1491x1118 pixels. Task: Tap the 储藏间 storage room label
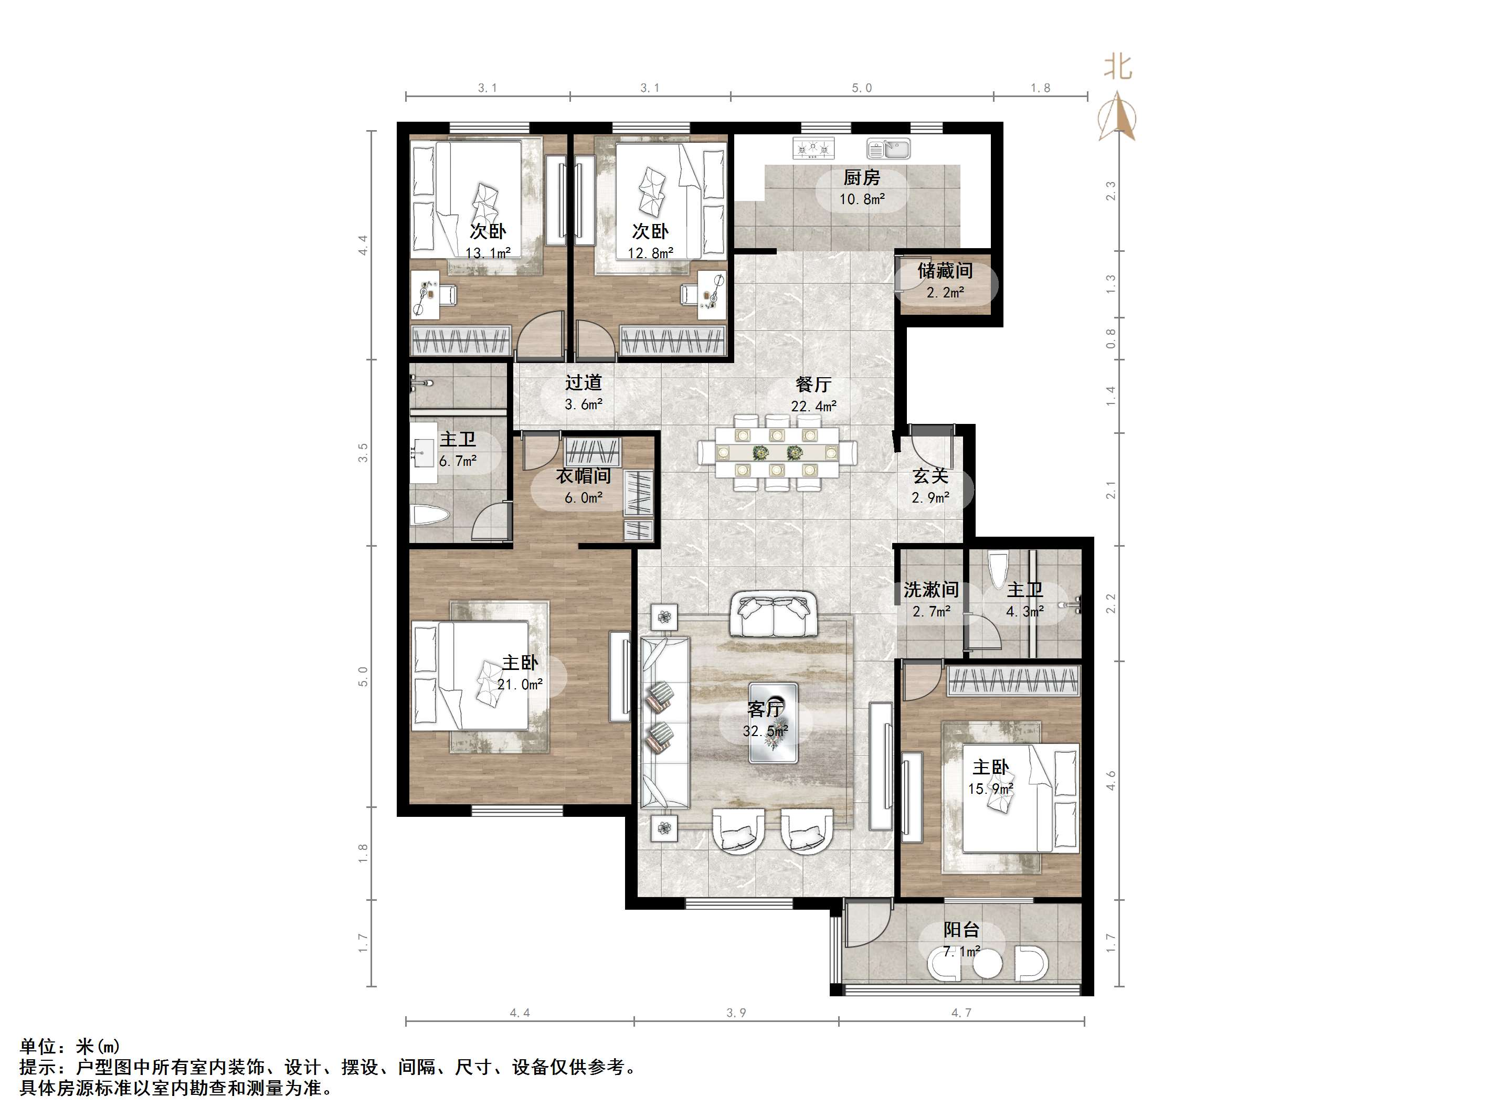[945, 271]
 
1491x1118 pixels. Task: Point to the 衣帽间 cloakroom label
[583, 476]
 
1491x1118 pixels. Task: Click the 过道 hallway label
[583, 383]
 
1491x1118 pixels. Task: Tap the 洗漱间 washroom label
[931, 590]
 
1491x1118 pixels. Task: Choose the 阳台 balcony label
[961, 930]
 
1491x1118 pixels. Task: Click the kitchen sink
[889, 149]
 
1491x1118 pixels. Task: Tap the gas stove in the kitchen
[813, 149]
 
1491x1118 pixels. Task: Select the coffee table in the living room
[773, 723]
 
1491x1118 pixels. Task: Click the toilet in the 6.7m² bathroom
[429, 517]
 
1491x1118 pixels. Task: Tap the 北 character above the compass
[1117, 67]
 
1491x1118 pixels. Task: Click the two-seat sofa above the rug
[774, 614]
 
